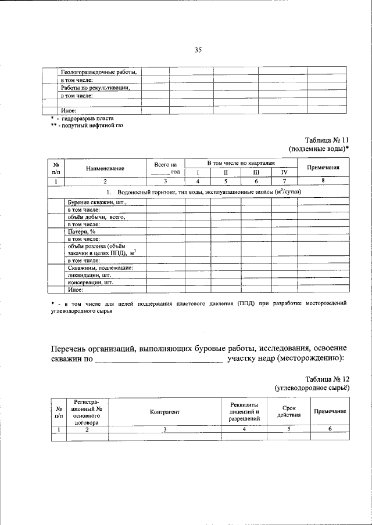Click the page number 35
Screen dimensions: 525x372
point(197,50)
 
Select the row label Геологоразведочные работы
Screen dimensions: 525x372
point(98,72)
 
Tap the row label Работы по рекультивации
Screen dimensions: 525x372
point(95,88)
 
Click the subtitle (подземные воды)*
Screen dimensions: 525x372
point(319,149)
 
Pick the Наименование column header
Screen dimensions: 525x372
point(105,168)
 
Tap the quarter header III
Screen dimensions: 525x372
point(256,172)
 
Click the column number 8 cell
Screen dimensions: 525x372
point(323,182)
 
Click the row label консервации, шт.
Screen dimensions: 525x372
point(90,283)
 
